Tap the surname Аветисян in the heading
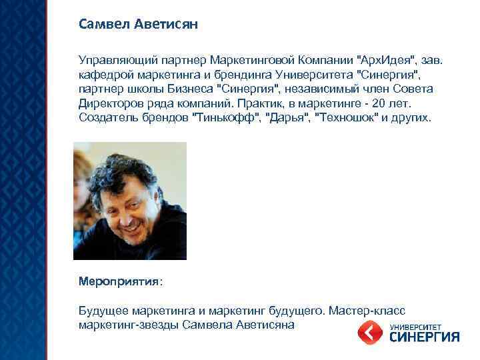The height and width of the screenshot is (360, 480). tap(167, 25)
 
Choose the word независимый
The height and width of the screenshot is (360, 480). tap(313, 89)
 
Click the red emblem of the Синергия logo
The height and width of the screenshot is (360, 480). tap(369, 331)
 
